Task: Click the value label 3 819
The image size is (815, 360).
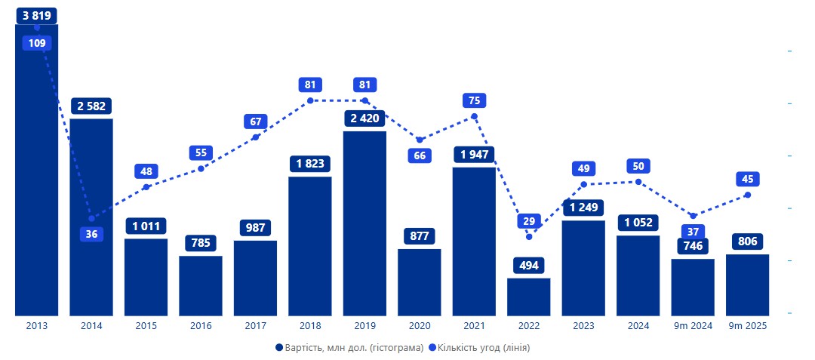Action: (36, 15)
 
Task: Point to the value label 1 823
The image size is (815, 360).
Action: (310, 164)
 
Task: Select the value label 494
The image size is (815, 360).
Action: (528, 266)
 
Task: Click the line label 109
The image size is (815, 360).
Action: (36, 43)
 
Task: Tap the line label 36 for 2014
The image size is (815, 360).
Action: (91, 234)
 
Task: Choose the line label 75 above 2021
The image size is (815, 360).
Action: (474, 100)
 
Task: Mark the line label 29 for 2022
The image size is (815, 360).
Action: (528, 221)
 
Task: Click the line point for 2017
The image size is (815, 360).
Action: (255, 137)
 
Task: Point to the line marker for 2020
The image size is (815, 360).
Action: (420, 140)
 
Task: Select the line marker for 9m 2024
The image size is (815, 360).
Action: (693, 216)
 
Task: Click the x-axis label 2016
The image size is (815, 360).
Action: (201, 326)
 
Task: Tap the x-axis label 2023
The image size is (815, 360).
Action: (583, 326)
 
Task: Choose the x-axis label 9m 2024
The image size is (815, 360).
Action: (693, 326)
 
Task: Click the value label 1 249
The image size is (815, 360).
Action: (583, 208)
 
